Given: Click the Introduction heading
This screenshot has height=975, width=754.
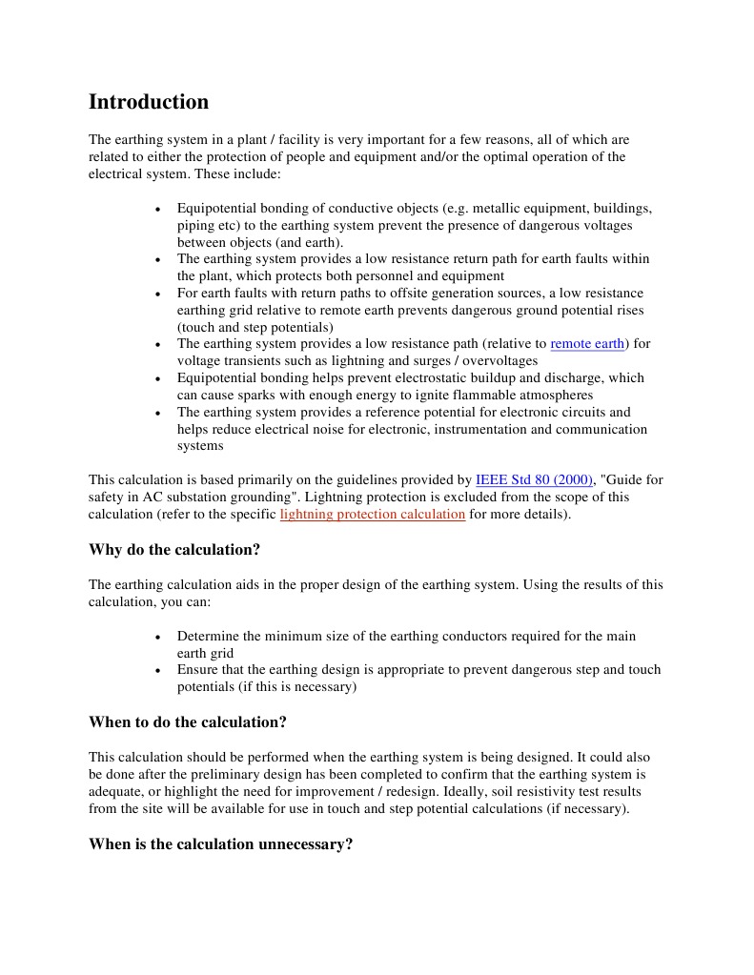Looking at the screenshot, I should coord(149,102).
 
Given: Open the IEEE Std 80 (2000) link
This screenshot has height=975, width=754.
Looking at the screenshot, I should coord(534,480).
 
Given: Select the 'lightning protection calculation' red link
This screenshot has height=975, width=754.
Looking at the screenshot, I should coord(372,515).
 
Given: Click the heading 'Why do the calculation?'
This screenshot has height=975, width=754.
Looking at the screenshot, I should coord(174,550).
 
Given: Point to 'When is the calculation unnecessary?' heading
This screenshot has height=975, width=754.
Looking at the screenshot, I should coord(221,844).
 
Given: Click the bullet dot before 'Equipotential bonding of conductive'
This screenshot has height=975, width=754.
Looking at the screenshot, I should coord(157,209).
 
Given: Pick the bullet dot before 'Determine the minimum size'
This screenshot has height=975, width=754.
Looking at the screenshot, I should coord(157,637).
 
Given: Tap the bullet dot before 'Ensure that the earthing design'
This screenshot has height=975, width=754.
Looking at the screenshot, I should coord(157,671).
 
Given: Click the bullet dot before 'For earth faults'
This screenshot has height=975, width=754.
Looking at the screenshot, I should coord(157,295).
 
